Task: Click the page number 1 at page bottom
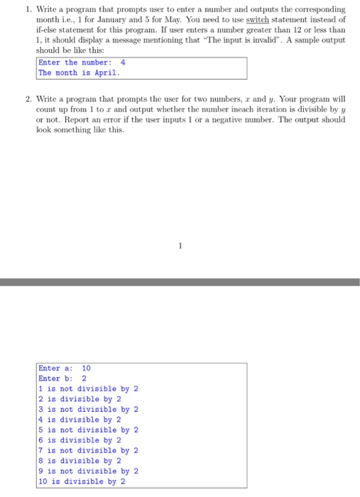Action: [x=180, y=247]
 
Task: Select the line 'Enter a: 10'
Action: [x=65, y=368]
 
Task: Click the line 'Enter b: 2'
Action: [x=62, y=378]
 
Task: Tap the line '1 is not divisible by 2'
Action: [x=89, y=389]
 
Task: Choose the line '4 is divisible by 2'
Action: [x=80, y=420]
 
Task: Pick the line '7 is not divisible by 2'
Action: [x=89, y=450]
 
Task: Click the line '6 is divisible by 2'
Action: [x=80, y=440]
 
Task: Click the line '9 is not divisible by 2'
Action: [x=89, y=471]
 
